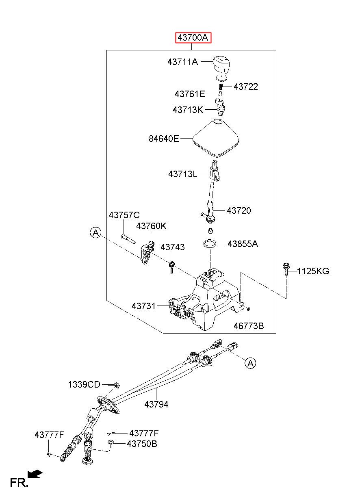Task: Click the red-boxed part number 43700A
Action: point(193,37)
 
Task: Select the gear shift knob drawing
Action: point(221,68)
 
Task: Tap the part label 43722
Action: point(245,87)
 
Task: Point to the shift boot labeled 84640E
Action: point(216,139)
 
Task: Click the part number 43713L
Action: point(183,174)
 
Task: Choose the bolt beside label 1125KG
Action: point(286,269)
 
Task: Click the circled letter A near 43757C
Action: point(96,232)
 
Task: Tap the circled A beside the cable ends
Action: point(250,363)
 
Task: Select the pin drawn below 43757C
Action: point(128,239)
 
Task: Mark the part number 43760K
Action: point(151,226)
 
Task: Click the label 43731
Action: point(143,306)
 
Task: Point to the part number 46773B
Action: point(249,326)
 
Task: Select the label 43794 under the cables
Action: point(156,404)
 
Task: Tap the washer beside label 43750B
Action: point(111,442)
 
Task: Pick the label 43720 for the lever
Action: point(239,210)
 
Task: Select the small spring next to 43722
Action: point(221,87)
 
